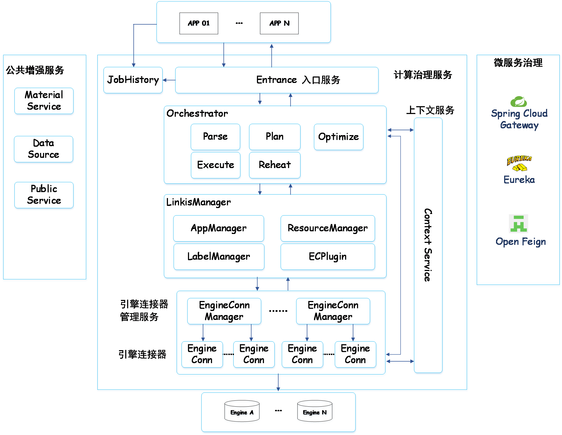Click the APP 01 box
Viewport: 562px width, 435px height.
click(x=199, y=23)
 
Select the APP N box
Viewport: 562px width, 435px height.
click(x=279, y=23)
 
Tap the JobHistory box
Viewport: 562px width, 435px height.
click(x=133, y=80)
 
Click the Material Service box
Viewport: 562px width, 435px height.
click(x=44, y=101)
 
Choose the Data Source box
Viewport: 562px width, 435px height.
click(x=44, y=149)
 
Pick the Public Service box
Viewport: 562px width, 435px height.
click(x=44, y=195)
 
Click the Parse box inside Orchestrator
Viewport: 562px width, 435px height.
click(x=215, y=137)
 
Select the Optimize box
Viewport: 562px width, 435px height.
click(x=338, y=137)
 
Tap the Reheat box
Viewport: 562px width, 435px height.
click(x=275, y=165)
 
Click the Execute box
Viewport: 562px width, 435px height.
click(x=216, y=165)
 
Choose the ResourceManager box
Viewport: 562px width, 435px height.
click(x=328, y=228)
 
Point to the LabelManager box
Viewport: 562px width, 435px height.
click(x=219, y=256)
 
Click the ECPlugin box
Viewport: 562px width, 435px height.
click(x=328, y=256)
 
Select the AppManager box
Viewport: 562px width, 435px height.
click(x=219, y=228)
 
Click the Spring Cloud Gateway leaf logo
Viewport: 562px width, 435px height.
click(x=518, y=101)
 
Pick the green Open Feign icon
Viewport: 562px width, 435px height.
click(x=518, y=224)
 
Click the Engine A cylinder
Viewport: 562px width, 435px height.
click(x=242, y=411)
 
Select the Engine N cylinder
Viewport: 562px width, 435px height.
click(x=315, y=411)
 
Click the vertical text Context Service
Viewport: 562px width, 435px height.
click(x=428, y=245)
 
